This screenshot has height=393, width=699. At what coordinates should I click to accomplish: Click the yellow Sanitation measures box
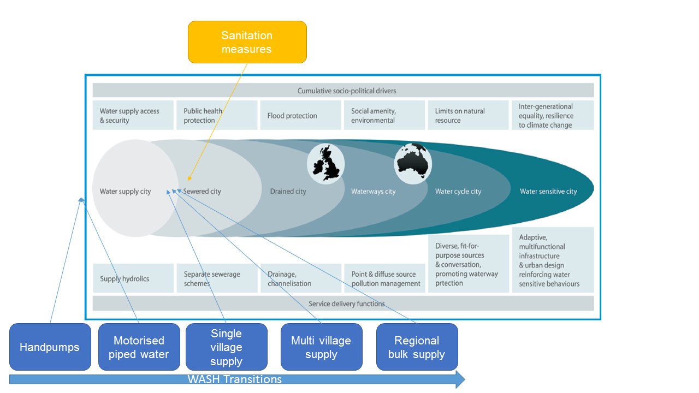coord(247,42)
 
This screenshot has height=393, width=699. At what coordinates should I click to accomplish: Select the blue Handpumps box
coord(50,347)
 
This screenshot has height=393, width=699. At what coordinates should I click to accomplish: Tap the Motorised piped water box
coord(139,347)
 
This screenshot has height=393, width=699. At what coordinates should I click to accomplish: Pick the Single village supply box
coord(226,347)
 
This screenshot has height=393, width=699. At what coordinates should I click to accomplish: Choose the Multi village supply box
coord(321,347)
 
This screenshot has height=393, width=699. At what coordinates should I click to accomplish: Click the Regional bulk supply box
coord(417,347)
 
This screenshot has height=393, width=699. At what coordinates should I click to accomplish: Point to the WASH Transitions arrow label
coord(235,379)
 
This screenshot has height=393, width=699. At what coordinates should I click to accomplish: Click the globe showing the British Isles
coord(326,163)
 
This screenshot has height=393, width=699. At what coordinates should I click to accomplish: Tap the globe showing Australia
coord(413,163)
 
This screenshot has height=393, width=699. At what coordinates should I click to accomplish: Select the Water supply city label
coord(125,192)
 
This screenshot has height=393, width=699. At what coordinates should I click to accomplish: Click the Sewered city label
coord(202,192)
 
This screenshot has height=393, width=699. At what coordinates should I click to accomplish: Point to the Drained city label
coord(288,192)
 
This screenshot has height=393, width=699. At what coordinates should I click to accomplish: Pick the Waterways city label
coord(373,192)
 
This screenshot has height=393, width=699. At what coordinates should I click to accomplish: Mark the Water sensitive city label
coord(548,192)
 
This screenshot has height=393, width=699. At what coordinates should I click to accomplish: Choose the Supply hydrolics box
coord(133,278)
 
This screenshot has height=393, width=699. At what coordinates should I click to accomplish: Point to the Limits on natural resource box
coord(469,115)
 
